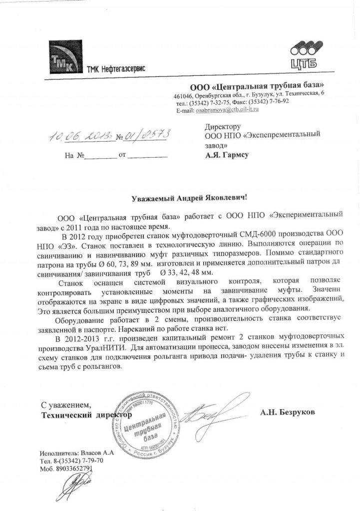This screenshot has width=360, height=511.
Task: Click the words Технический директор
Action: click(86, 414)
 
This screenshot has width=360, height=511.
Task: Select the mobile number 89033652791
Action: click(74, 469)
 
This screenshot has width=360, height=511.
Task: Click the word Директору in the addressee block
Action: click(223, 127)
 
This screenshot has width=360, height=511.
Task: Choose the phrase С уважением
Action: click(66, 404)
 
